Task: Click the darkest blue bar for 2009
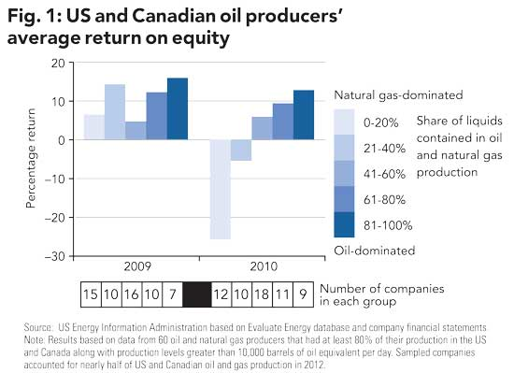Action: (177, 108)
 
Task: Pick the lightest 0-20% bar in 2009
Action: (93, 127)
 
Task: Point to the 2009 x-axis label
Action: (136, 265)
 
